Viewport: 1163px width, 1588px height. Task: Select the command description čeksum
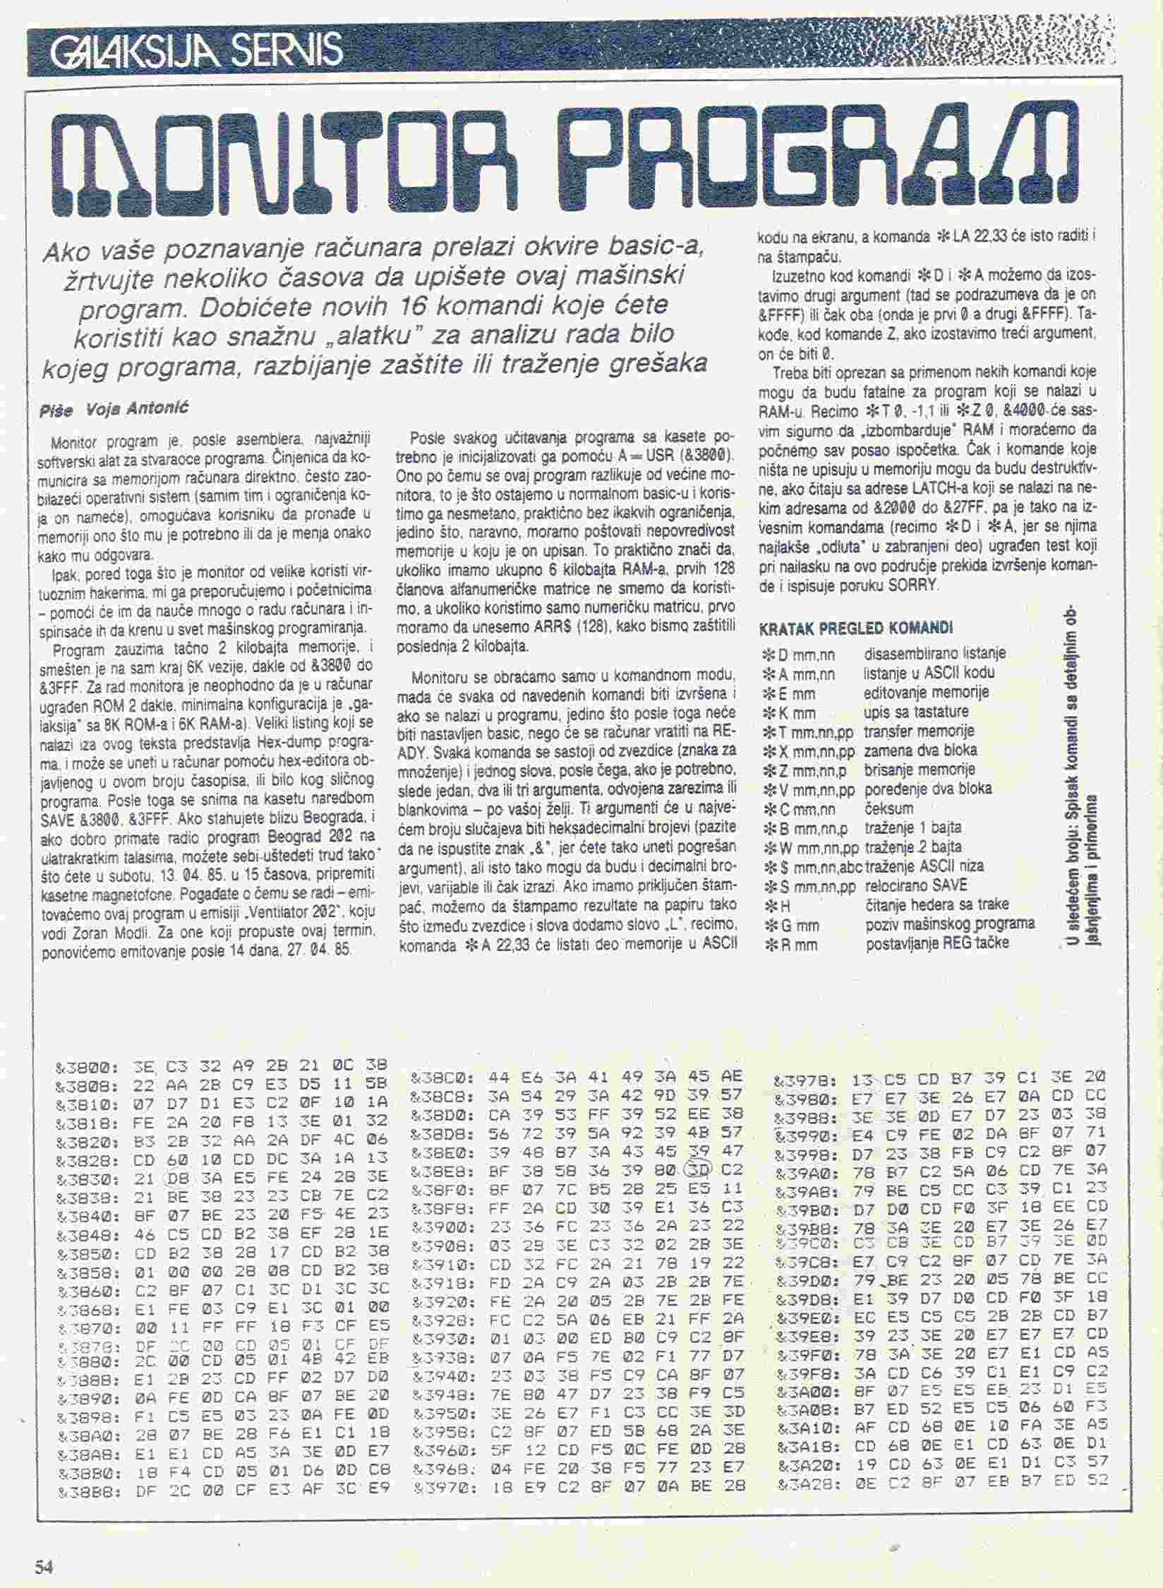[889, 808]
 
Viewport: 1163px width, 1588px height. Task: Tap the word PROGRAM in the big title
[812, 152]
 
